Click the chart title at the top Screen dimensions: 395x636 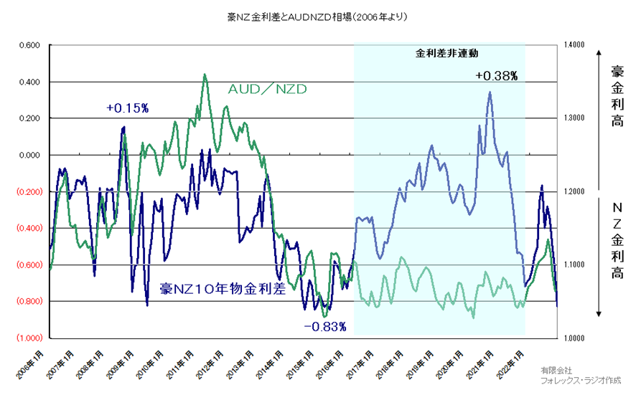click(x=317, y=15)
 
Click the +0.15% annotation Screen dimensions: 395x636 click(x=127, y=108)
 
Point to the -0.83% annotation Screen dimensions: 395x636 click(x=324, y=327)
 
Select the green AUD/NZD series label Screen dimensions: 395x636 click(x=267, y=90)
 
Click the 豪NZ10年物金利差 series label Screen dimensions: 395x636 click(x=223, y=290)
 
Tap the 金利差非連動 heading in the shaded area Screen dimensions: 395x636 click(x=446, y=53)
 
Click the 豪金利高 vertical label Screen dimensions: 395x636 click(x=617, y=97)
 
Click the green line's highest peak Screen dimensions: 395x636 click(x=205, y=74)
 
